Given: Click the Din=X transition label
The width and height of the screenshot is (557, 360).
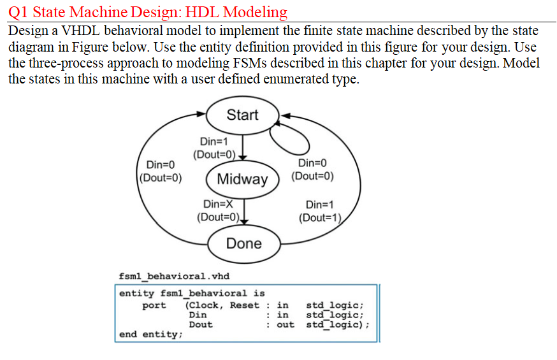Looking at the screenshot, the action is [x=218, y=204].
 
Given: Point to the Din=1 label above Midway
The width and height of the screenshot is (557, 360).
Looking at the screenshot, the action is [x=214, y=141].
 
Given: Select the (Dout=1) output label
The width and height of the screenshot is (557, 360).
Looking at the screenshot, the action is [x=320, y=218].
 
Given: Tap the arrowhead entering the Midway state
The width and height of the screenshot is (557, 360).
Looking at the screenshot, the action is [x=243, y=157].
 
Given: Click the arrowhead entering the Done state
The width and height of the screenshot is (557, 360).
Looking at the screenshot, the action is [x=244, y=222].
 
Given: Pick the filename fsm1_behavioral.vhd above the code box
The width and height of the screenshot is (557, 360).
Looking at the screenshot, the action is [x=174, y=277].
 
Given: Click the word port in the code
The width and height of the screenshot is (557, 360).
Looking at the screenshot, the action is [x=154, y=306].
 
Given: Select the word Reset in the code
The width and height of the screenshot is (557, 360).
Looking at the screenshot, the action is [x=244, y=305].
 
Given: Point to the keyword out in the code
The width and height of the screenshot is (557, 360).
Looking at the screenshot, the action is [x=286, y=324].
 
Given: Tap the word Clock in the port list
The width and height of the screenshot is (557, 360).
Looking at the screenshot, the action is [x=203, y=305].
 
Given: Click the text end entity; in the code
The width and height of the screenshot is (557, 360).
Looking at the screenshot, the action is [x=150, y=335].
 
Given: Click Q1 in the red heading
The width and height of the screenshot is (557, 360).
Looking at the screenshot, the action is [x=17, y=12].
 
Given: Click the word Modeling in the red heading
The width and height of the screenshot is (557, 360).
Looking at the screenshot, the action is [x=256, y=12].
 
